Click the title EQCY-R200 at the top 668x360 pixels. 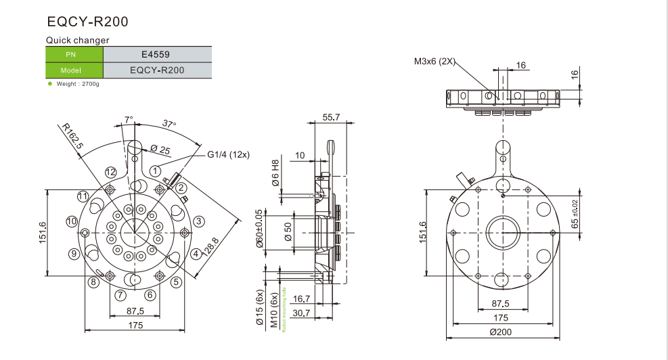coord(87,22)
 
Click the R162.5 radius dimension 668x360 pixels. coord(70,135)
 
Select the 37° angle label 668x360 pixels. coord(169,124)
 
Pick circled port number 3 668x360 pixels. coord(199,221)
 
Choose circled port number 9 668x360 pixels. coord(74,254)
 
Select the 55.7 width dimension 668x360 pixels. coord(331,117)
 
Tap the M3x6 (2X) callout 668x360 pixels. coord(435,62)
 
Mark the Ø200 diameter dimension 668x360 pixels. coord(501,332)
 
